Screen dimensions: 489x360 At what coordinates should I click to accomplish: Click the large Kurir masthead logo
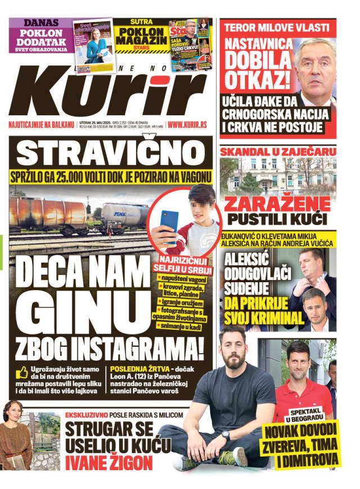(x=107, y=90)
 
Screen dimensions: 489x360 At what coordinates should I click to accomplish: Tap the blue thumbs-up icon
(x=22, y=372)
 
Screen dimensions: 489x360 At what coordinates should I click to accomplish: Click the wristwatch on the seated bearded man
(x=226, y=436)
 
